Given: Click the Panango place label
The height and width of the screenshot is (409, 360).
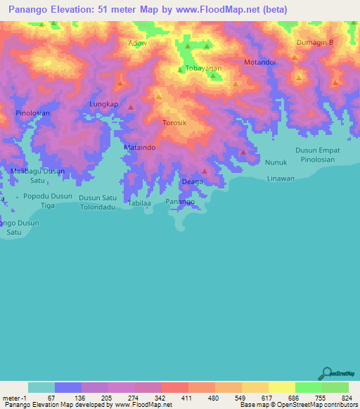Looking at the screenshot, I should [x=180, y=202].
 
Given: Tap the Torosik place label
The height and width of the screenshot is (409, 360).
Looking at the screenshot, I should [x=174, y=122].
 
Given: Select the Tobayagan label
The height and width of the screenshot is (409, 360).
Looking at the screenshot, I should [x=203, y=68].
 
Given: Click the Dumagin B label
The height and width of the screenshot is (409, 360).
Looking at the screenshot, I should [x=314, y=43].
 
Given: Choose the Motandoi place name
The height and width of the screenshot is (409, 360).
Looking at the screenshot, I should [x=259, y=63].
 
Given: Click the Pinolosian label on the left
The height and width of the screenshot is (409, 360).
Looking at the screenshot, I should [x=33, y=112].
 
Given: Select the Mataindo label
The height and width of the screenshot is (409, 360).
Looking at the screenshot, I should [x=139, y=148].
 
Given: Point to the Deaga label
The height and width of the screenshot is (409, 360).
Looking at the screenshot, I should [x=193, y=182].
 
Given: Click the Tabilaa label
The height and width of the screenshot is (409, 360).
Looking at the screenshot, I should [x=140, y=203].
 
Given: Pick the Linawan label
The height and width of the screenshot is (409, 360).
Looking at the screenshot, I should [x=281, y=178].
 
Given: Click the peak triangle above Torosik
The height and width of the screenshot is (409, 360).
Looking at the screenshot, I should [x=159, y=97].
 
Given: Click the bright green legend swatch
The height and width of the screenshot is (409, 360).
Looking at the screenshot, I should [x=309, y=387].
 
